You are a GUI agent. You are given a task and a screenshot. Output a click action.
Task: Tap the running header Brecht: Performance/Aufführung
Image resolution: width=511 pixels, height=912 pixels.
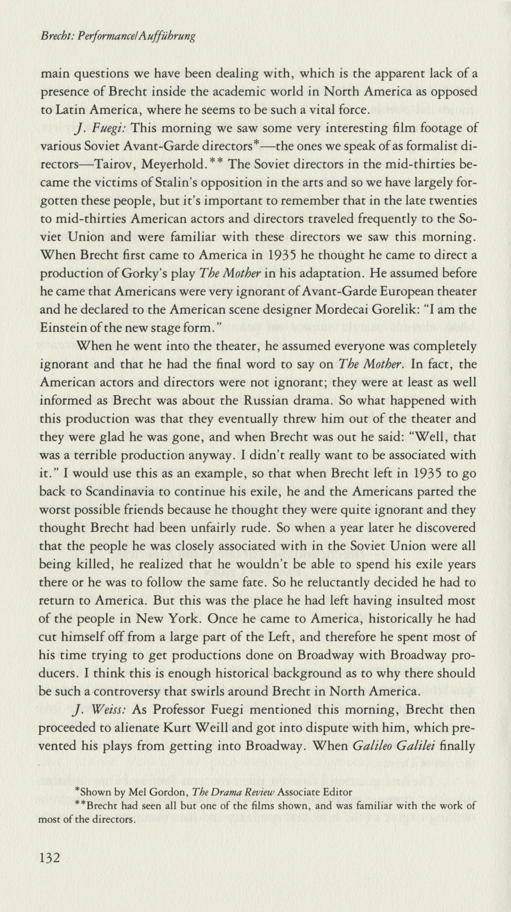coord(118,36)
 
